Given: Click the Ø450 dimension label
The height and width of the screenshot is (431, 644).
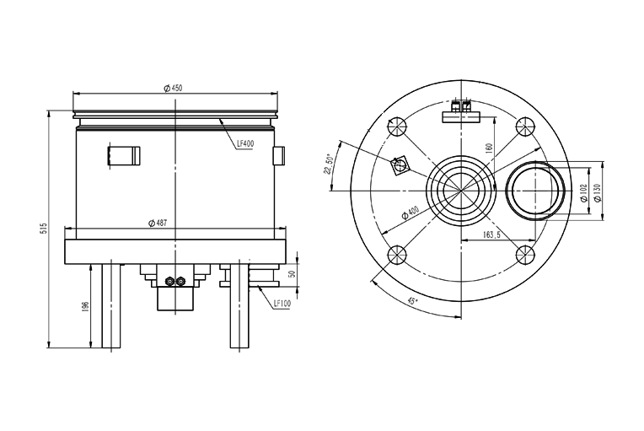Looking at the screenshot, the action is coord(173,88).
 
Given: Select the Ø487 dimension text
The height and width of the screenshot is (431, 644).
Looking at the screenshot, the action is coord(158,224).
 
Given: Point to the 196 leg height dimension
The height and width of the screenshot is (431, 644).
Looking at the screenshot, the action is coord(85,307).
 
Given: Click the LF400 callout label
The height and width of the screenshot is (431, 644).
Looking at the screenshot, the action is coord(245,143).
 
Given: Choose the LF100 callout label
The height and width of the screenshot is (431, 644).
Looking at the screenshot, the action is coord(282,304).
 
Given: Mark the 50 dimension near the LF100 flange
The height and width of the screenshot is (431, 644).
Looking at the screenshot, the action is coord(292,273).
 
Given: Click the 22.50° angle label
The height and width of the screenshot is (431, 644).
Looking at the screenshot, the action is coord(328,164).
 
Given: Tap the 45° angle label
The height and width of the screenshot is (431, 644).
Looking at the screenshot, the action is coord(412,301).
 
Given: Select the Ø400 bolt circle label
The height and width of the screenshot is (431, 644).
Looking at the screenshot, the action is coord(410,213).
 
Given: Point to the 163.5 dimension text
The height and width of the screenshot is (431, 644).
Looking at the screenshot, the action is coord(491,235).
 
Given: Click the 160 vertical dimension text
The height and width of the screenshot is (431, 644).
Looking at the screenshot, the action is coord(488,148).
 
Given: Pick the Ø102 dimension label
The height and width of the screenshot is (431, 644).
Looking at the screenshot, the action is coord(583,192).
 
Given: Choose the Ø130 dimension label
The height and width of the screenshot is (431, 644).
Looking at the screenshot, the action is coord(597,192).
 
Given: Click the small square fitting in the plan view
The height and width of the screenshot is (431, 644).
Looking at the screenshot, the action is coord(400,165).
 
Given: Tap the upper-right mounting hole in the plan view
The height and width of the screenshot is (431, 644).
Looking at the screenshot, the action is coord(525,127).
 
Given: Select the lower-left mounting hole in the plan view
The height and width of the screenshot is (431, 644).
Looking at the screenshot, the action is coord(397,255).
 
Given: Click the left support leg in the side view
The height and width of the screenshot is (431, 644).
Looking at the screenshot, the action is coord(111,305).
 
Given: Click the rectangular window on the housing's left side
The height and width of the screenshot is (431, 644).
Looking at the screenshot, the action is coord(124,156).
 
